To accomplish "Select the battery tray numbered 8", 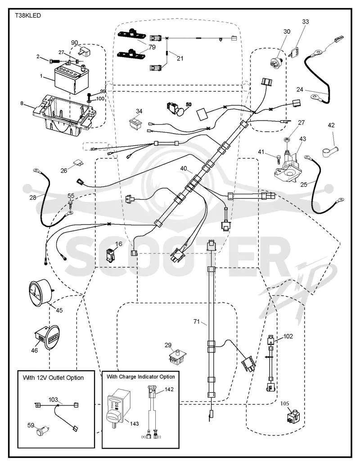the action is point(64,112).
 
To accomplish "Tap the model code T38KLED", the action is point(28,15).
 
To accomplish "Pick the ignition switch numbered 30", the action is point(277,63).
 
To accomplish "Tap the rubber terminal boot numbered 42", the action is point(330,150).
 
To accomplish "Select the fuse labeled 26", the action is point(78,163).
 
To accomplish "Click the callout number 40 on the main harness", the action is point(184,169).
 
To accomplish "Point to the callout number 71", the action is point(196,321).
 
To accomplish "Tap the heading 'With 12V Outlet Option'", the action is point(54,377).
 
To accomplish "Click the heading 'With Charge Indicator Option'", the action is point(141,377).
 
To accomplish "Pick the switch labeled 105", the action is point(293,417).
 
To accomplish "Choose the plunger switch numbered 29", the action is point(178,355).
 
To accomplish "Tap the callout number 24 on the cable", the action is point(300,90).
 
